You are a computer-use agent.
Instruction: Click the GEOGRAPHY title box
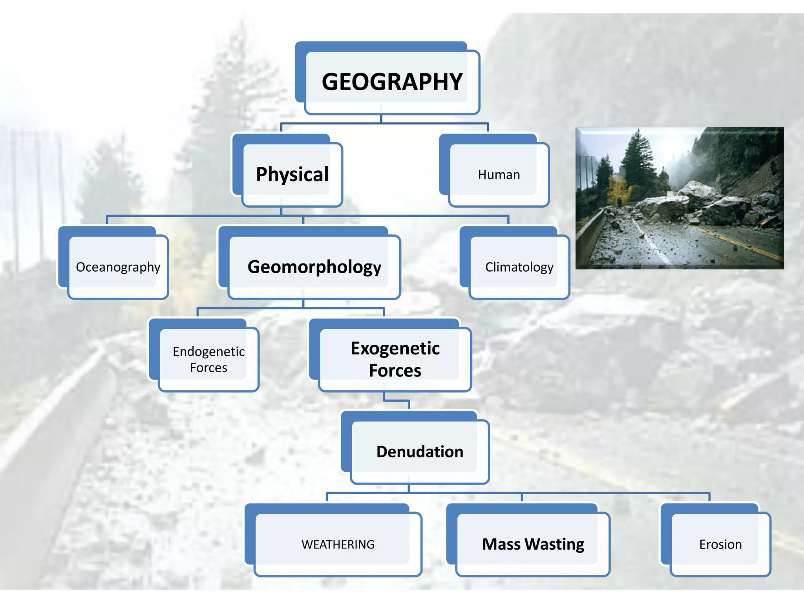click(x=392, y=81)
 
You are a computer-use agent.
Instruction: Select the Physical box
click(x=292, y=174)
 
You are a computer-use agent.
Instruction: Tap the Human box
click(x=499, y=174)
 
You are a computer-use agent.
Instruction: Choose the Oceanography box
click(x=118, y=267)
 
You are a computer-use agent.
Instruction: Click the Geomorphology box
click(x=314, y=267)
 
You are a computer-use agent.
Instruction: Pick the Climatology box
click(x=519, y=267)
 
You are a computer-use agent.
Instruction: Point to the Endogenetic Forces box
click(x=208, y=359)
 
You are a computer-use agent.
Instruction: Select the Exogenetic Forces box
click(x=395, y=359)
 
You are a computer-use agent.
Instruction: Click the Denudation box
click(x=419, y=451)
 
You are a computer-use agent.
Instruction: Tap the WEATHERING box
click(x=338, y=544)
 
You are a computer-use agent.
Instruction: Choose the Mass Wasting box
click(x=533, y=544)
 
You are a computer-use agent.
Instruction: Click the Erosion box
click(x=720, y=544)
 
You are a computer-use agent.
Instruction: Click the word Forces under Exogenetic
click(x=395, y=370)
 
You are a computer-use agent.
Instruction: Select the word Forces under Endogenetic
click(x=208, y=367)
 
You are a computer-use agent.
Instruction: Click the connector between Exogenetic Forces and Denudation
click(x=397, y=401)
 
